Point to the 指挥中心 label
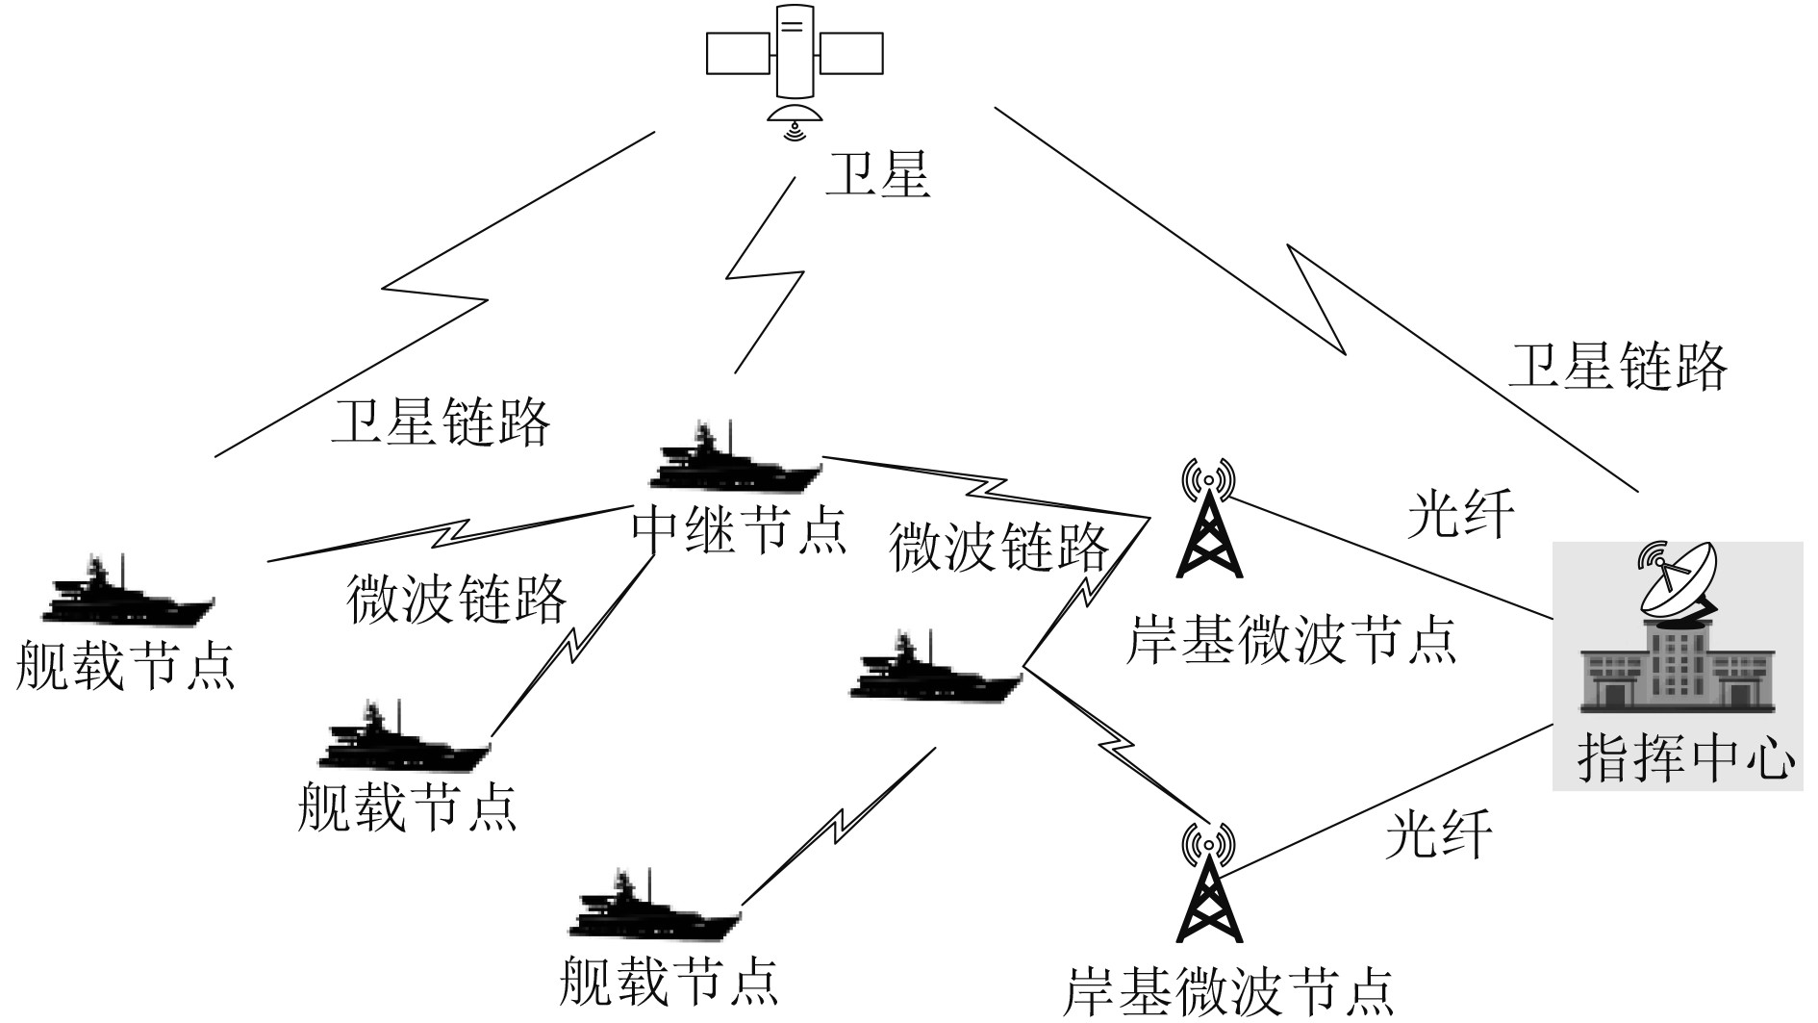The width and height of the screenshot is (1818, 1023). pos(1686,759)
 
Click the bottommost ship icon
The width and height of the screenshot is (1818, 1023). pos(655,908)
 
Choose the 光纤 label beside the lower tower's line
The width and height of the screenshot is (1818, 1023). pos(1437,833)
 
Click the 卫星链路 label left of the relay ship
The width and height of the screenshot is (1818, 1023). pos(441,422)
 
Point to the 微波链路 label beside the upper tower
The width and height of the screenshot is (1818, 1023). pos(998,548)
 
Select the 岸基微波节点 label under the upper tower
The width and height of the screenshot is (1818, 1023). pos(1291,638)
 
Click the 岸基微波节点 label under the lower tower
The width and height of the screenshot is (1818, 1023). pos(1228,991)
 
